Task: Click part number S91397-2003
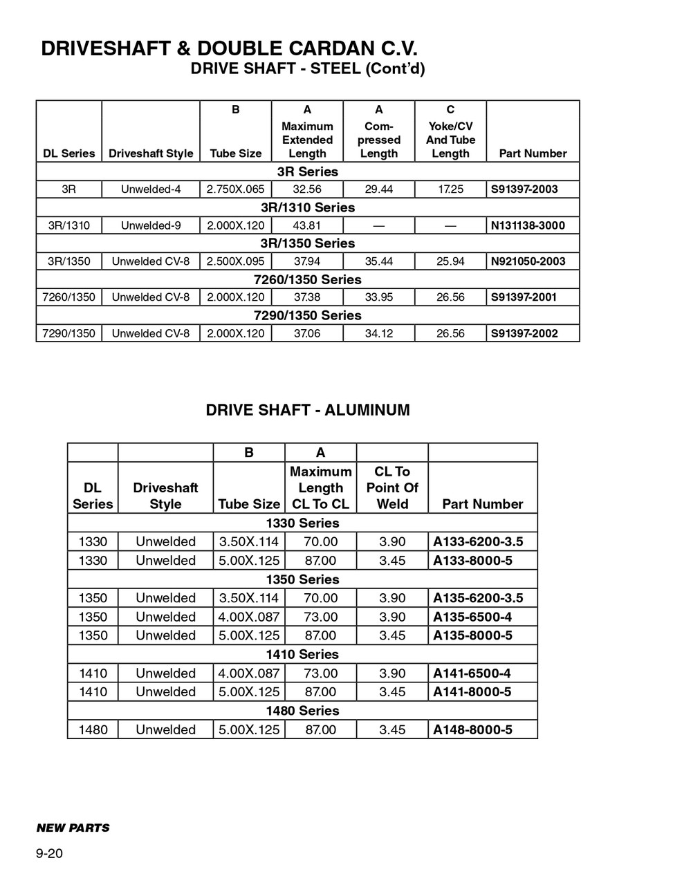(524, 189)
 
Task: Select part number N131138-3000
(527, 225)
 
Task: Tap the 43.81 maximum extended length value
(307, 225)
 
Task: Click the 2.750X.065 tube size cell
(235, 189)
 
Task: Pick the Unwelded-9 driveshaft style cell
(151, 225)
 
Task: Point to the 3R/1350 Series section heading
(307, 243)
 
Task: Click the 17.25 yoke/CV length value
(450, 189)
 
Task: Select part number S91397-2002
(524, 333)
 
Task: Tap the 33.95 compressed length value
(378, 297)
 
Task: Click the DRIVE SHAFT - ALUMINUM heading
(308, 410)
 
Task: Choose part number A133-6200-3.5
(478, 541)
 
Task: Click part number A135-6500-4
(472, 617)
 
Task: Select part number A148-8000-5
(472, 729)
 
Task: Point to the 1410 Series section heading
(302, 654)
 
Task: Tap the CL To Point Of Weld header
(392, 487)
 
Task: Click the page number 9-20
(50, 854)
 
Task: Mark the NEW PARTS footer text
(73, 828)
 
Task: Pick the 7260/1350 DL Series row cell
(68, 297)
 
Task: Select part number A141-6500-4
(472, 673)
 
